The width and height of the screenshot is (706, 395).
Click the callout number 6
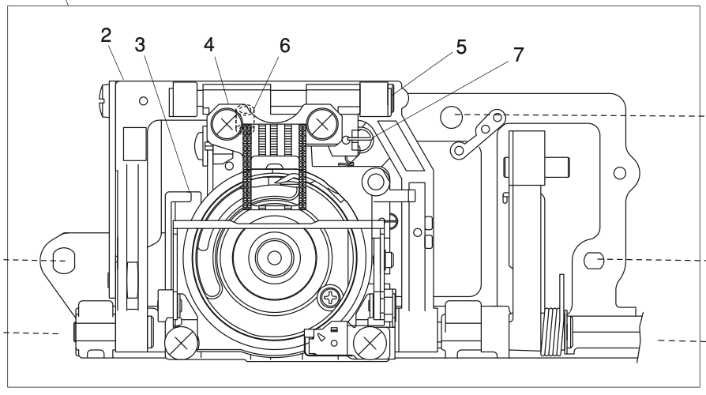pos(283,45)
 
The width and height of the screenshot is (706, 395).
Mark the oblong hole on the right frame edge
pos(598,258)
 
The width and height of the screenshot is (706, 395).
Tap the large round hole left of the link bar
pos(452,117)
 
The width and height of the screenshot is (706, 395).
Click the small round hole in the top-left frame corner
pos(142,101)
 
